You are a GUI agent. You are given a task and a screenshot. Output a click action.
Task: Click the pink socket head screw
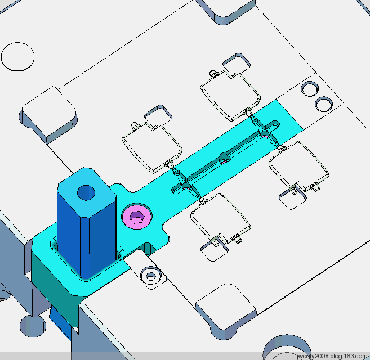137,215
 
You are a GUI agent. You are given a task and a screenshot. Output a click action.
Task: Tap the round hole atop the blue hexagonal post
86,192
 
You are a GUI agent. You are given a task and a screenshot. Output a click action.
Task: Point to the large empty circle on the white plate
17,57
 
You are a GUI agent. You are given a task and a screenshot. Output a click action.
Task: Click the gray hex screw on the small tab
150,276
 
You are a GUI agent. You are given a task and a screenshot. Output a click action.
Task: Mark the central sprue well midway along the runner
225,158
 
